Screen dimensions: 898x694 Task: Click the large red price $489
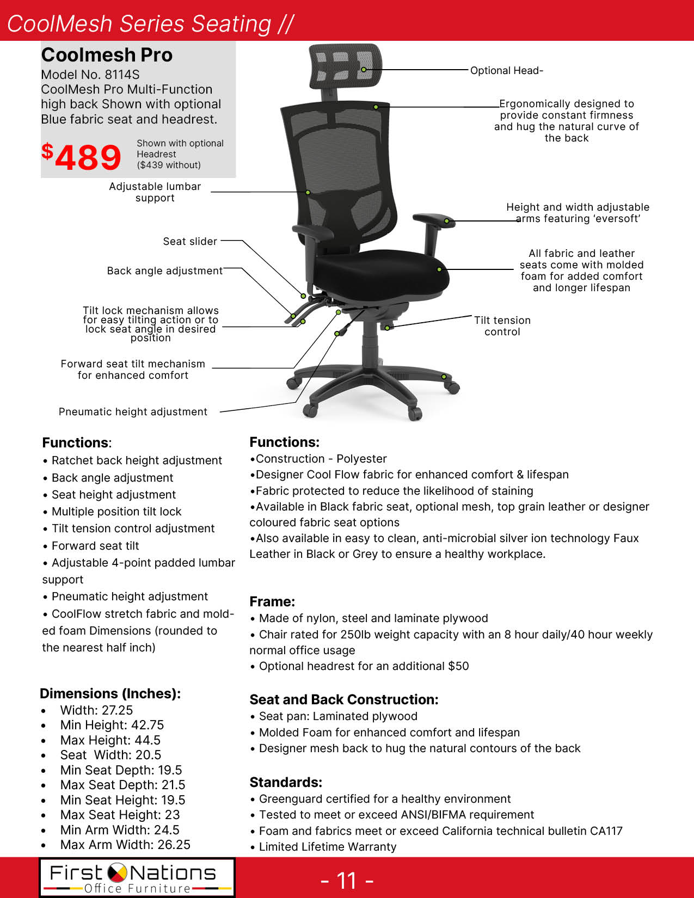click(82, 157)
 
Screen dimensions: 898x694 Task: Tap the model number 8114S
click(122, 75)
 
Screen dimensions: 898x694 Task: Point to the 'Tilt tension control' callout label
click(502, 326)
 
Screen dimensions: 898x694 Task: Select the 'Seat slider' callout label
click(190, 241)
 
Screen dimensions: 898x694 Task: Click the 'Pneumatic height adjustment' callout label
click(133, 412)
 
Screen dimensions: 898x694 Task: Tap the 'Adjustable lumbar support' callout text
click(155, 192)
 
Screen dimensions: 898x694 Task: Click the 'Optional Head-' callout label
click(506, 70)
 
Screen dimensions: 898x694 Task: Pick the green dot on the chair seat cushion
click(439, 269)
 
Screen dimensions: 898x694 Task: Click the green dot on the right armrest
click(446, 221)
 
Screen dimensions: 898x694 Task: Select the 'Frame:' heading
click(272, 601)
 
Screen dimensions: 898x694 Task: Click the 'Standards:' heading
click(286, 782)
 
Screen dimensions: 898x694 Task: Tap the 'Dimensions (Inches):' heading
click(110, 693)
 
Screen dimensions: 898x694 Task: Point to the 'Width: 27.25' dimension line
click(96, 710)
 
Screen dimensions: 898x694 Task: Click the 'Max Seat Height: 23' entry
click(120, 815)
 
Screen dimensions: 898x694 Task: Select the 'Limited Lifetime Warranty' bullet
click(328, 847)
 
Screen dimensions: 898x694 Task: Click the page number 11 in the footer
click(347, 881)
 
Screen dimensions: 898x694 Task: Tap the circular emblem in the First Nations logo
click(116, 873)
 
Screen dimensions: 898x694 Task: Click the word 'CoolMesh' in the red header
click(60, 23)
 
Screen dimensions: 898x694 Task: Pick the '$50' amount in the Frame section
click(458, 666)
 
